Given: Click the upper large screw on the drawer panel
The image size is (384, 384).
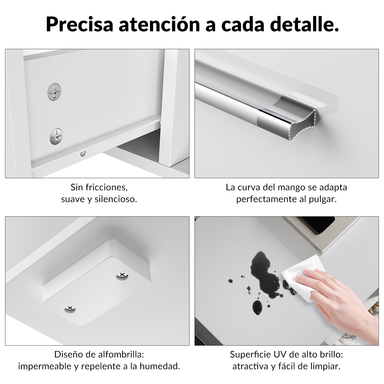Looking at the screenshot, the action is (x=55, y=92).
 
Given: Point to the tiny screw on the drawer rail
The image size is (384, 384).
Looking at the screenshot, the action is (x=82, y=154).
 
